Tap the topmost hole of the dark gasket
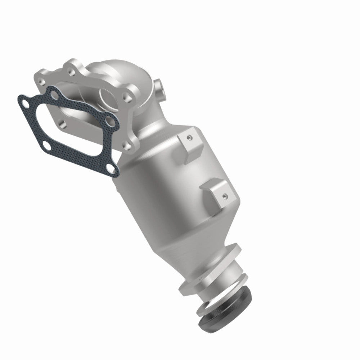point(54,95)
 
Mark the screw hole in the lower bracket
point(224,197)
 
